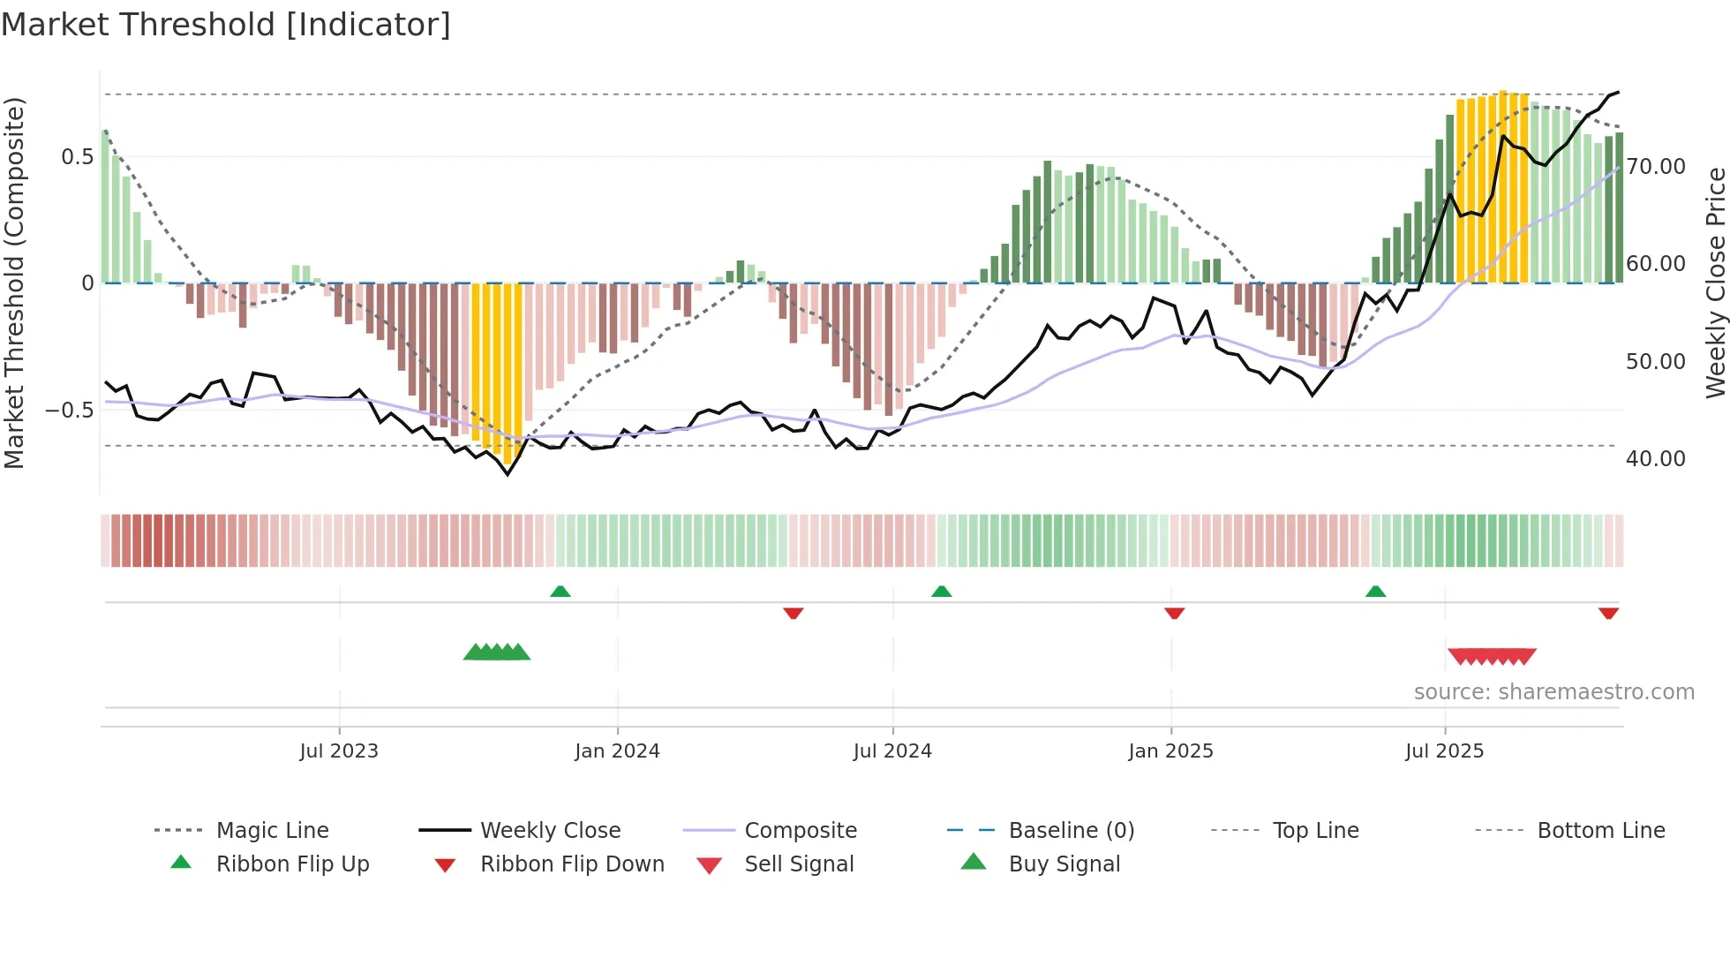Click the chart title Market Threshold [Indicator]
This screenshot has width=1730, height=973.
pos(226,25)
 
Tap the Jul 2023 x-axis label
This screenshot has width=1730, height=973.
pos(339,751)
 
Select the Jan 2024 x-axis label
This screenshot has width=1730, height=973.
pos(617,751)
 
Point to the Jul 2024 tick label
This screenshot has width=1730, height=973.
pos(892,751)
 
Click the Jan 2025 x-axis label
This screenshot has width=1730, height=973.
pos(1170,751)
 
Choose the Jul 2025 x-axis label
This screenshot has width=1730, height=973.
pos(1444,751)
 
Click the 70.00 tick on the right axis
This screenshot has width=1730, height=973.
pos(1656,166)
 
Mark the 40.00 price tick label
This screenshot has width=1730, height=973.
pos(1656,458)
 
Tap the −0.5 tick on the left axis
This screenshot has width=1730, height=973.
pos(69,411)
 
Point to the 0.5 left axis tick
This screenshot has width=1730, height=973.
pos(77,157)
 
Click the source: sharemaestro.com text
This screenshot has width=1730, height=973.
pos(1553,692)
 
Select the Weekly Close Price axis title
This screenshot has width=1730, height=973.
pos(1715,283)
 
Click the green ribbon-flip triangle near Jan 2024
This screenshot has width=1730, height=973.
pos(560,592)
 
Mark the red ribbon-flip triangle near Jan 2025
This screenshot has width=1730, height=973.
pos(1174,613)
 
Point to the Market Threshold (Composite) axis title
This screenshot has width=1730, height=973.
pos(14,283)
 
